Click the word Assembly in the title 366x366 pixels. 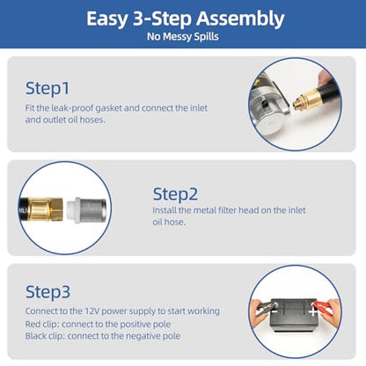(240, 19)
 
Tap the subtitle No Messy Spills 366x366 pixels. (183, 37)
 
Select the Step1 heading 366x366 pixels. (48, 89)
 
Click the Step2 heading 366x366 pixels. (175, 194)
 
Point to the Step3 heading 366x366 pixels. (48, 292)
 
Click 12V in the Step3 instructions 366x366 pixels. (92, 311)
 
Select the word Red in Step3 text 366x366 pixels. (32, 325)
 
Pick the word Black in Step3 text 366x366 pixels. (35, 336)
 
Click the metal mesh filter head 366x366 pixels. (92, 209)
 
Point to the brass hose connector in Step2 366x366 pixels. (46, 209)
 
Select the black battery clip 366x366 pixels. (266, 308)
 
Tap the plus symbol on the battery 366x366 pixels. (312, 311)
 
